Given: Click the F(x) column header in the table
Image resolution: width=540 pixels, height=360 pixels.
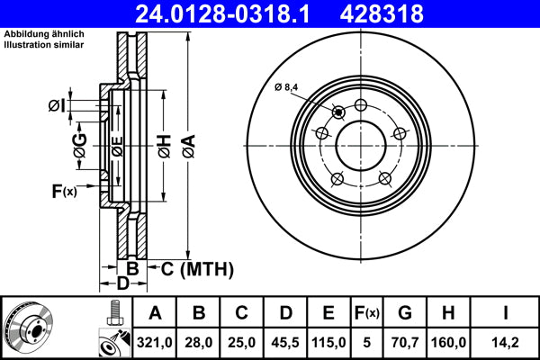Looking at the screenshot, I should pos(366,313).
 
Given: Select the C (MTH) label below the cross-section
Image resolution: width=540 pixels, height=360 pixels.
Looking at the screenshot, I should pos(197,268).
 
